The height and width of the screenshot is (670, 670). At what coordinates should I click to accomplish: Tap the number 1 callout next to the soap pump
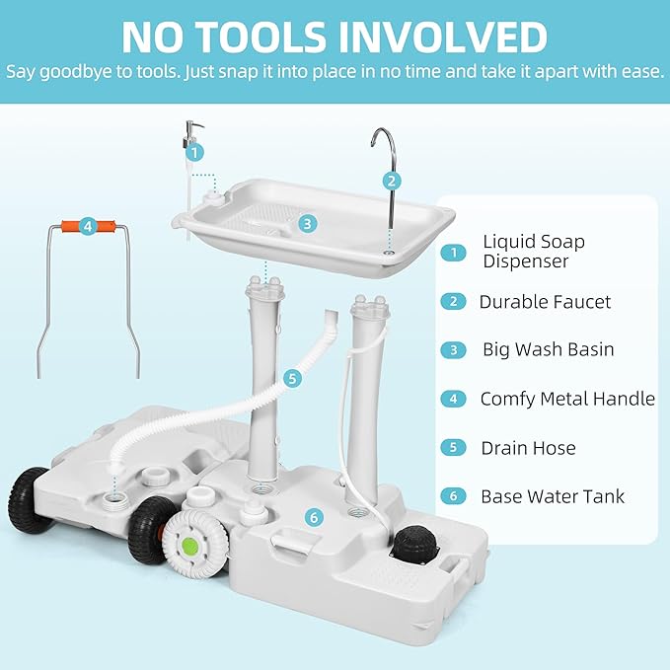[x=195, y=152]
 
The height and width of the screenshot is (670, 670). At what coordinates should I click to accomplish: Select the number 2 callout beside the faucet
[x=392, y=181]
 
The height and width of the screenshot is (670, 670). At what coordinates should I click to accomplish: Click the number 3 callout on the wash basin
[x=308, y=223]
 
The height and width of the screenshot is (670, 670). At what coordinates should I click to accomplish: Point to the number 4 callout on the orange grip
[x=88, y=226]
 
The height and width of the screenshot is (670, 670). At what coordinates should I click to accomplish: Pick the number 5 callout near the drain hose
[x=291, y=377]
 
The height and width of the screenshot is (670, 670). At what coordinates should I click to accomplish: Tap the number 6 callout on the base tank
[x=313, y=517]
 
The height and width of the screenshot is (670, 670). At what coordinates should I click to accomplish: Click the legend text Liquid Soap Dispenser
[x=533, y=251]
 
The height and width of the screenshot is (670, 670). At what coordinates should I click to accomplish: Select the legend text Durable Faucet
[x=545, y=302]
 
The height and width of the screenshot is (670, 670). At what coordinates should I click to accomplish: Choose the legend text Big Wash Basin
[x=548, y=349]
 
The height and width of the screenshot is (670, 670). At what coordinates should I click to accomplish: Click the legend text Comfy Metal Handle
[x=567, y=399]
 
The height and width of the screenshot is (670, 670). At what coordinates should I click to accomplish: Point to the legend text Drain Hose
[x=528, y=447]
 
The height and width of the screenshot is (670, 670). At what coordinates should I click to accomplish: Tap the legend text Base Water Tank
[x=553, y=496]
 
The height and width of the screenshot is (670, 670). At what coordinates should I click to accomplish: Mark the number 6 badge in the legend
[x=453, y=496]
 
